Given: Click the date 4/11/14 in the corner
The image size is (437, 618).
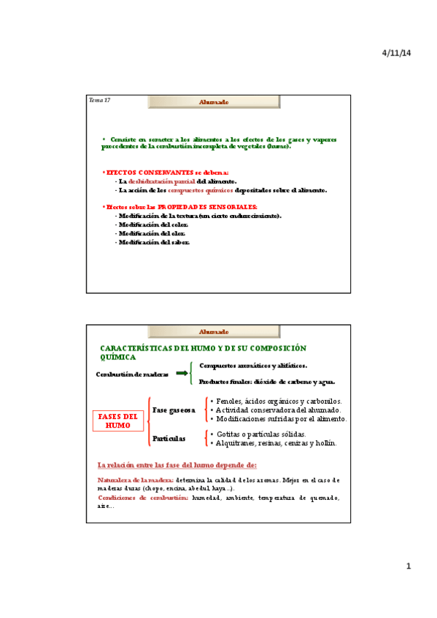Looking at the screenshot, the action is (x=397, y=53).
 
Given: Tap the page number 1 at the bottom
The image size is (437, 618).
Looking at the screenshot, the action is (x=409, y=566).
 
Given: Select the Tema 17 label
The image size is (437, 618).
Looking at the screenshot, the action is (x=99, y=99).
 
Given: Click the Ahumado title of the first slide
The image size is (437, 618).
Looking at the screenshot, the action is (x=214, y=103).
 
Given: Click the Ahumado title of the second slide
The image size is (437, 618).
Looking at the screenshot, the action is (x=214, y=332).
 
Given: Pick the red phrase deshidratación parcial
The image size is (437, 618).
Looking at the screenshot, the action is (x=162, y=181).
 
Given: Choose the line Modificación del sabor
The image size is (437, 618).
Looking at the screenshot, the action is (x=154, y=242).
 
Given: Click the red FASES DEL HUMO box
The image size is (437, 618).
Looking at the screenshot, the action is (x=118, y=421).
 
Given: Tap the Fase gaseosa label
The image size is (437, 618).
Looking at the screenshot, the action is (x=174, y=410).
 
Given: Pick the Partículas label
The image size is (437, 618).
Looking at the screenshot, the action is (x=169, y=439).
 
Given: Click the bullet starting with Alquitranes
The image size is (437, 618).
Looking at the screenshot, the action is (x=268, y=443).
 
